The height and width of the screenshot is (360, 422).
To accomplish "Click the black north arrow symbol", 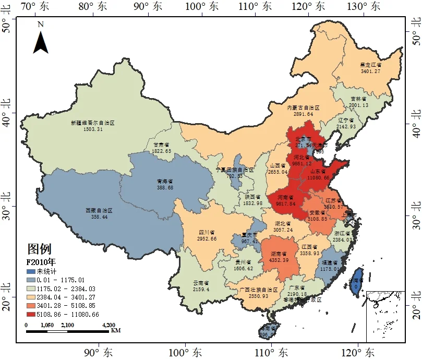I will (x=41, y=42).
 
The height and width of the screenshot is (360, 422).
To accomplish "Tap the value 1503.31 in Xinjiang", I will (x=92, y=129).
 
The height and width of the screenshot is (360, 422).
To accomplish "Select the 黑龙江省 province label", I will (x=370, y=65).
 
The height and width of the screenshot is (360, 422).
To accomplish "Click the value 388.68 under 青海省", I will (x=164, y=187).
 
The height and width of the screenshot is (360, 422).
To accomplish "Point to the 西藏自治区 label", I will (x=99, y=210).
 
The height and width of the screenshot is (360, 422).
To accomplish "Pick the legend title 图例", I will (x=39, y=249).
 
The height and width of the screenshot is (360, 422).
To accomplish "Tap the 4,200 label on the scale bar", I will (x=109, y=325).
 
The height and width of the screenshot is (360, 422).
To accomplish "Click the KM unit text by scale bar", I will (x=116, y=330).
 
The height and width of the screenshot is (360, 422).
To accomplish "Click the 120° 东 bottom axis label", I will (x=356, y=353).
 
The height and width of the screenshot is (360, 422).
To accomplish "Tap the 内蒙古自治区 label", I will (x=303, y=107).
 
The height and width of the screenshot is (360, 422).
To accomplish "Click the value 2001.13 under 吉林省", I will (x=358, y=105).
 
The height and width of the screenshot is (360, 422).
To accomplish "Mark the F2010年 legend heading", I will (x=41, y=262).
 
